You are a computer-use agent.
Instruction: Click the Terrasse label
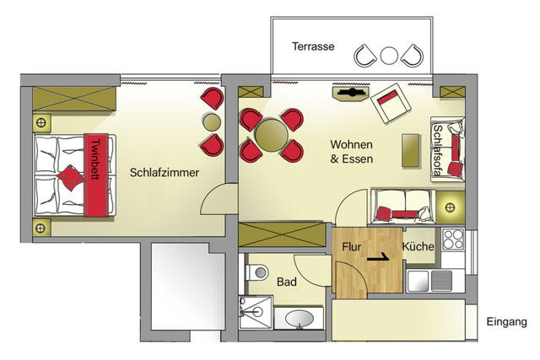[x=312, y=46]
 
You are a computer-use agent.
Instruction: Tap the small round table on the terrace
[x=389, y=56]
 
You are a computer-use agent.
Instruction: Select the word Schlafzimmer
[x=165, y=172]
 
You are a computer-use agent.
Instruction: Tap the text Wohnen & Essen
[x=352, y=151]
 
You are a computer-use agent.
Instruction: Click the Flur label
[x=352, y=248]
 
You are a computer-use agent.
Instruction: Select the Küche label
[x=418, y=248]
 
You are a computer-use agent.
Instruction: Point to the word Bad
[x=286, y=282]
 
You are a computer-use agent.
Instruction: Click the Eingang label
[x=506, y=321]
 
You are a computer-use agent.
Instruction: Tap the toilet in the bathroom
[x=258, y=272]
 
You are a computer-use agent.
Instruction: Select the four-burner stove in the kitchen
[x=454, y=239]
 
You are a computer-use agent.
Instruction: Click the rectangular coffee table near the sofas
[x=411, y=151]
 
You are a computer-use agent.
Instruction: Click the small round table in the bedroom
[x=211, y=122]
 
